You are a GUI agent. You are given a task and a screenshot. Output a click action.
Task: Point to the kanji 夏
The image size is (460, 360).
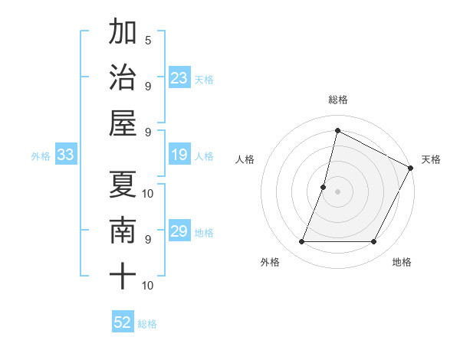(x=122, y=185)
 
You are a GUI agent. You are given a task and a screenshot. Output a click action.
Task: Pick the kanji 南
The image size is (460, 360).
(x=122, y=230)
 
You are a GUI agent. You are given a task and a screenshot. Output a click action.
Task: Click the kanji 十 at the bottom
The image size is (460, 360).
(x=122, y=275)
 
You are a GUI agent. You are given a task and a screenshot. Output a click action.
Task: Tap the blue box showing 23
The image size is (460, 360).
(x=179, y=77)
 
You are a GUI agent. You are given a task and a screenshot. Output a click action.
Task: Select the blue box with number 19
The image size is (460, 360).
(x=179, y=155)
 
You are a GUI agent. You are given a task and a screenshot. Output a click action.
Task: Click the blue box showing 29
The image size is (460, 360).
(x=179, y=232)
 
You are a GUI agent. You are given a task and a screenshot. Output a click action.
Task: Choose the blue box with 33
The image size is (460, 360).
(x=66, y=155)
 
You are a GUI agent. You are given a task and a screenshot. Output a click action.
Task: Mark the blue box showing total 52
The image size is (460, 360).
(x=123, y=322)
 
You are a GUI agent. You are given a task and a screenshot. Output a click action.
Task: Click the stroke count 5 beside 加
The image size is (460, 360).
(x=147, y=40)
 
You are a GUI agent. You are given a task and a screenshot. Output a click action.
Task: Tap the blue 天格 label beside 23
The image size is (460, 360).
(x=204, y=79)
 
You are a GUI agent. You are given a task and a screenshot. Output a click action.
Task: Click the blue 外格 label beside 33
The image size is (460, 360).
(x=41, y=156)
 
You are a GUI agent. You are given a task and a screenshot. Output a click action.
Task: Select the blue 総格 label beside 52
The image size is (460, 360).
(x=147, y=324)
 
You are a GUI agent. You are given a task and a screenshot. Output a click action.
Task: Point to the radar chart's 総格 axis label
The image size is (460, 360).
(x=337, y=100)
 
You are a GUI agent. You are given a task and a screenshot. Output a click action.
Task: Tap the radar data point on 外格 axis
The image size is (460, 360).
(x=301, y=242)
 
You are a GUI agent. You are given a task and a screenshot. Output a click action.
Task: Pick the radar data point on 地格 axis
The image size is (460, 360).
(x=374, y=242)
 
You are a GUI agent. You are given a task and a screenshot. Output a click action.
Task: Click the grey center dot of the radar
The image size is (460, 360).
(x=337, y=191)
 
